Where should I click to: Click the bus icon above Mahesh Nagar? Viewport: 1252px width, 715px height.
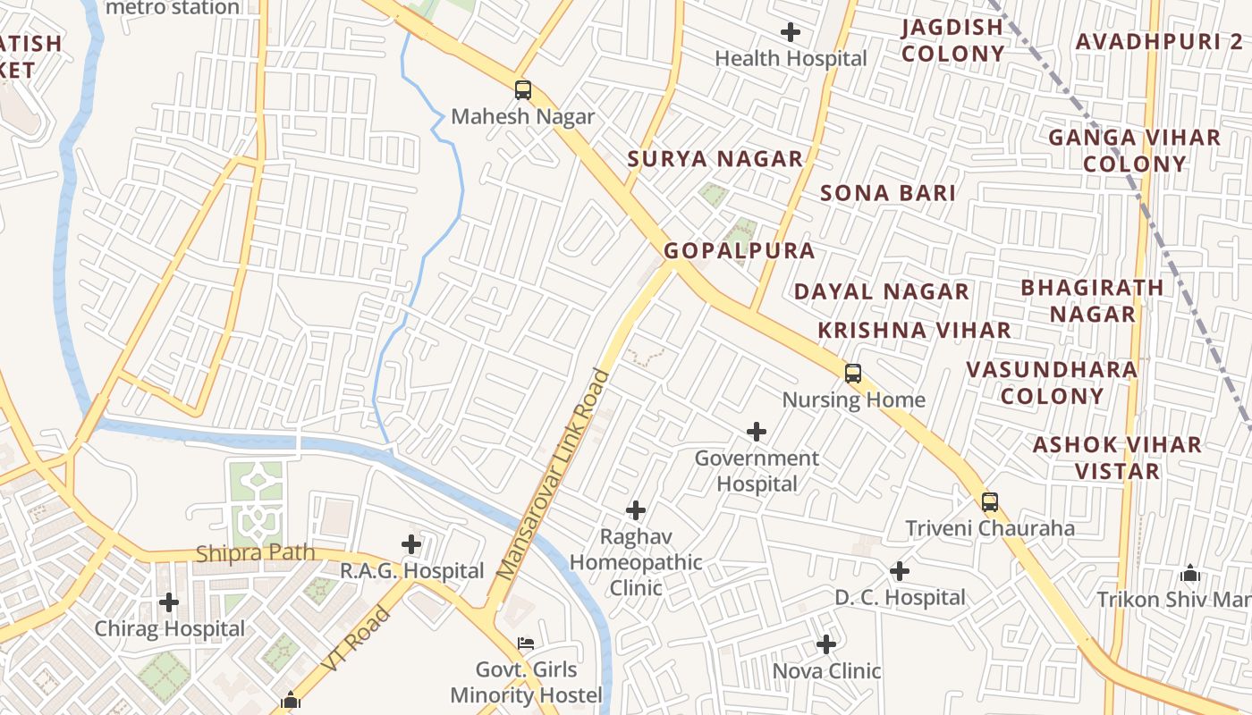pyautogui.click(x=523, y=90)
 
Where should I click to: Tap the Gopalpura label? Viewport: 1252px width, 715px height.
pyautogui.click(x=740, y=251)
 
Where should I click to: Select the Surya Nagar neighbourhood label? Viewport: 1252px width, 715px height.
pyautogui.click(x=715, y=159)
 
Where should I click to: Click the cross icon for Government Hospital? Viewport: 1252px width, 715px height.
pyautogui.click(x=757, y=433)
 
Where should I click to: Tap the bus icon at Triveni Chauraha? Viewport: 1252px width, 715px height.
pyautogui.click(x=989, y=502)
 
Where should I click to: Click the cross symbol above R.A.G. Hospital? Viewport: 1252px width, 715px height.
pyautogui.click(x=411, y=543)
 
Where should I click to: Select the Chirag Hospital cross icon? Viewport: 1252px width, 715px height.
pyautogui.click(x=169, y=602)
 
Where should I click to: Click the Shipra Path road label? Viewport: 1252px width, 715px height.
pyautogui.click(x=255, y=553)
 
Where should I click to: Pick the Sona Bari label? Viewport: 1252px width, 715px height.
pyautogui.click(x=888, y=193)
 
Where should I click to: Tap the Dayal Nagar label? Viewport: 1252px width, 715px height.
pyautogui.click(x=881, y=291)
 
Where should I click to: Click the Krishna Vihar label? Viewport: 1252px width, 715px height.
pyautogui.click(x=914, y=330)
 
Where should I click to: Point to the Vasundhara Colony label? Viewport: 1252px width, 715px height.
pyautogui.click(x=1052, y=383)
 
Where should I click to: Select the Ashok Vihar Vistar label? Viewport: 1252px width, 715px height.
pyautogui.click(x=1117, y=458)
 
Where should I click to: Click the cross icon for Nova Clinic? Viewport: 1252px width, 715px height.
pyautogui.click(x=826, y=643)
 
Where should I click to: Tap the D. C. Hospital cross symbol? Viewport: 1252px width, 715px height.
pyautogui.click(x=900, y=571)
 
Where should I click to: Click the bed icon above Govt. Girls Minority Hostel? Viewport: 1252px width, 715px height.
pyautogui.click(x=526, y=643)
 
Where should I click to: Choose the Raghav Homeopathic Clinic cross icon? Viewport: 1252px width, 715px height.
pyautogui.click(x=636, y=510)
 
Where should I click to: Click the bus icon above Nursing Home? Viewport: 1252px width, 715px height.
pyautogui.click(x=853, y=374)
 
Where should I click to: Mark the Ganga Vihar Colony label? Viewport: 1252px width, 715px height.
pyautogui.click(x=1134, y=150)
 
